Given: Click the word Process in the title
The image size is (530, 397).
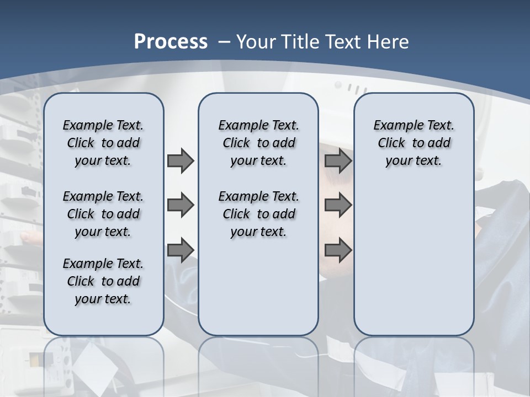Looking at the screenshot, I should (x=171, y=41).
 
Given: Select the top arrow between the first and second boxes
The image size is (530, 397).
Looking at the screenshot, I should (x=181, y=160).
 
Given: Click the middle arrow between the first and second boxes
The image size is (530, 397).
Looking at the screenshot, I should (x=181, y=205).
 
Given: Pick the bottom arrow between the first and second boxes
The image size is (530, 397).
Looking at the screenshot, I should (x=181, y=250).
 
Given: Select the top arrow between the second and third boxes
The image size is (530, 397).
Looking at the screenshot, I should (x=338, y=160).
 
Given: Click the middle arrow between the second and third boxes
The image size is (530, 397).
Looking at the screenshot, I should (x=338, y=205).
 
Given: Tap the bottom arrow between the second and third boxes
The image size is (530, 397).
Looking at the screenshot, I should (x=338, y=250).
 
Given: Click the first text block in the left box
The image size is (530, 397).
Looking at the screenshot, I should (x=103, y=143).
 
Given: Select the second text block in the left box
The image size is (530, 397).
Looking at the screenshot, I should (x=103, y=214).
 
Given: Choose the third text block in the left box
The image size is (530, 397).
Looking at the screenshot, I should (x=103, y=281).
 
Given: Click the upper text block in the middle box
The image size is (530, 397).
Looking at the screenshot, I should (x=258, y=143).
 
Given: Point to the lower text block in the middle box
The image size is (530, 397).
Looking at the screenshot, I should (x=258, y=214).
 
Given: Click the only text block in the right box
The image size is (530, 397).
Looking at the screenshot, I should (x=414, y=143).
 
